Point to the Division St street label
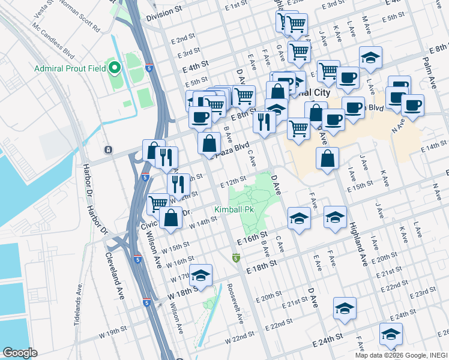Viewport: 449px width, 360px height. [x=163, y=12]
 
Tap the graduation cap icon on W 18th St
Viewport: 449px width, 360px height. [x=201, y=275]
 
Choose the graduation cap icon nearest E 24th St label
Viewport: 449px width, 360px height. [x=391, y=334]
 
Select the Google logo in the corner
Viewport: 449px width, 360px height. [x=20, y=353]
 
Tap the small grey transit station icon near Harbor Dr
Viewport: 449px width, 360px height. [x=108, y=149]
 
